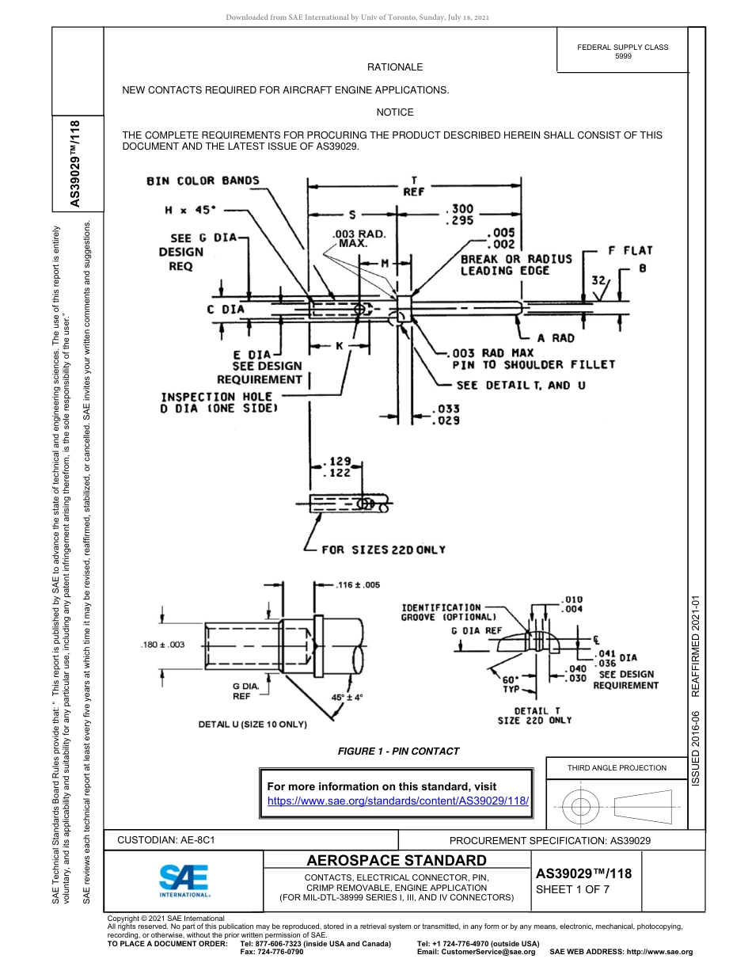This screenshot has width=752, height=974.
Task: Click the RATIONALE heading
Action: click(x=394, y=67)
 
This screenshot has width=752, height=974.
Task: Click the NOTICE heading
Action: click(x=394, y=112)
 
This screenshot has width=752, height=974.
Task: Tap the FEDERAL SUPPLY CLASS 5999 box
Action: click(x=622, y=51)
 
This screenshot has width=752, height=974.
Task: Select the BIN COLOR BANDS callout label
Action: click(x=203, y=181)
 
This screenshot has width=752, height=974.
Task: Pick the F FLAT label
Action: click(x=630, y=250)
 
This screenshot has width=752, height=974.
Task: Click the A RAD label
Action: click(x=556, y=338)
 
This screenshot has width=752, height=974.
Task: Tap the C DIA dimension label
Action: click(x=226, y=309)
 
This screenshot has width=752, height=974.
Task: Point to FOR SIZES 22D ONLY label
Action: click(x=383, y=550)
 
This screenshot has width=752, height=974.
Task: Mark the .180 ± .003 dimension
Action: click(x=162, y=645)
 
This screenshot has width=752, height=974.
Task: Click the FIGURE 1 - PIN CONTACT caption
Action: click(x=398, y=751)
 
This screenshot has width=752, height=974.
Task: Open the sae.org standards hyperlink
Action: click(x=398, y=801)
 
